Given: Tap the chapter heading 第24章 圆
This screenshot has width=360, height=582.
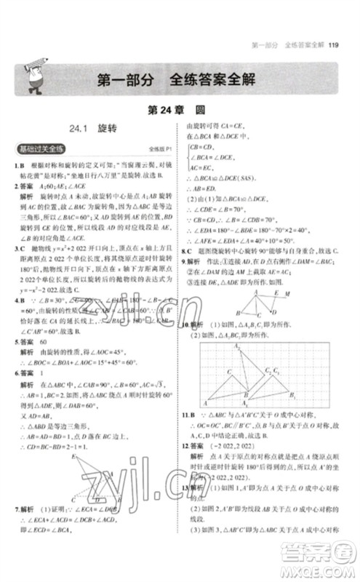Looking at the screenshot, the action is (x=180, y=113).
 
